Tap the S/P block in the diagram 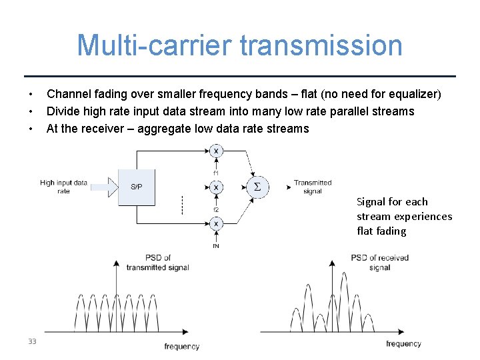tap(136, 187)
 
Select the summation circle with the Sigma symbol tap(257, 187)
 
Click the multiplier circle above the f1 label tap(215, 151)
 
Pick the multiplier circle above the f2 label tap(215, 188)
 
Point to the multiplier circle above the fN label tap(215, 225)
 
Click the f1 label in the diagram tap(215, 173)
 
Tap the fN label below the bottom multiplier tap(215, 245)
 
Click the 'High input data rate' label tap(63, 187)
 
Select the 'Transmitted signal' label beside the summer tap(312, 187)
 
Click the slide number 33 tap(32, 341)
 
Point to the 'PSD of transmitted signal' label tap(158, 263)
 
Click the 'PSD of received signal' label tap(379, 262)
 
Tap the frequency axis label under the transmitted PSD tap(181, 346)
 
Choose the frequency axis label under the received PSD tap(403, 343)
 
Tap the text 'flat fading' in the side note tap(381, 231)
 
